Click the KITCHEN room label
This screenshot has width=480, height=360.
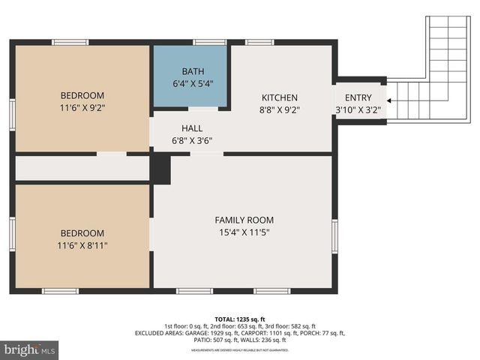(280, 97)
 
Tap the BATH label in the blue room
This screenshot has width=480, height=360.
(188, 71)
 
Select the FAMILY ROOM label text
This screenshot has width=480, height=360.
(244, 220)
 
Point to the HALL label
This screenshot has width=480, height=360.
(192, 128)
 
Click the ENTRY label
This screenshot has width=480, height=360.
(358, 98)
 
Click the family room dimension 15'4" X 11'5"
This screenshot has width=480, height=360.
(244, 232)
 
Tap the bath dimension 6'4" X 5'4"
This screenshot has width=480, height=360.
(188, 83)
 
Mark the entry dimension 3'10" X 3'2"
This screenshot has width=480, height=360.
(358, 110)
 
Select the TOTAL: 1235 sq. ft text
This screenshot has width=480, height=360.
(240, 319)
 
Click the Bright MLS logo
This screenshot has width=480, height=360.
(29, 349)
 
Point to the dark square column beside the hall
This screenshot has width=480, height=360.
(160, 168)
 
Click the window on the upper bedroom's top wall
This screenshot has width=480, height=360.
(70, 42)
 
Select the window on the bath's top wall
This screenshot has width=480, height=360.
(209, 42)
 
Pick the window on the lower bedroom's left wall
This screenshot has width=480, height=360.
(12, 234)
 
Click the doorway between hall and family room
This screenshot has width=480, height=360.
(206, 154)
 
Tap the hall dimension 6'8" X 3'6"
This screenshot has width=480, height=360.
(192, 140)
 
